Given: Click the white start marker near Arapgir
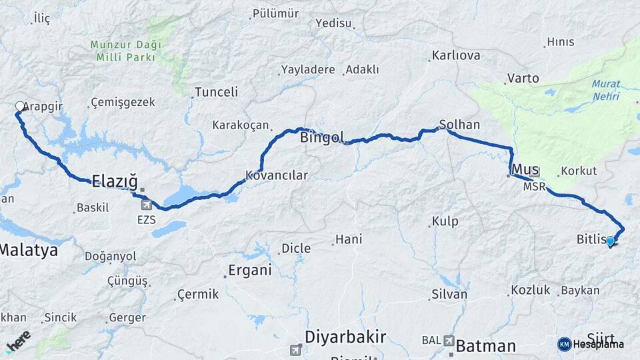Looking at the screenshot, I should (x=19, y=107).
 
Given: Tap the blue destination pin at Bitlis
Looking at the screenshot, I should (x=610, y=241).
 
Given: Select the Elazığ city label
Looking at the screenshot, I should (x=114, y=180).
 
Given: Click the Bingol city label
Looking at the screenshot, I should (x=322, y=138).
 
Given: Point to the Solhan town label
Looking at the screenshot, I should (x=459, y=125).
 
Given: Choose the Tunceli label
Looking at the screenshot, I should (x=216, y=92).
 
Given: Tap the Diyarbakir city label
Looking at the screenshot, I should (x=345, y=335).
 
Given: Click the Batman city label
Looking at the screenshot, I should (x=486, y=346).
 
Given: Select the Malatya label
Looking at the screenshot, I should (x=29, y=251).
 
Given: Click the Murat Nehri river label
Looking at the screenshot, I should (x=605, y=91).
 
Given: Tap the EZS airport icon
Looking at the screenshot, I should (x=145, y=205).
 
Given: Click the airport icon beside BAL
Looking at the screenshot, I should (x=449, y=341).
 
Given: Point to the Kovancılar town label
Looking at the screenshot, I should (x=277, y=175).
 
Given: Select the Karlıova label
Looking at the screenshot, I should (x=456, y=55).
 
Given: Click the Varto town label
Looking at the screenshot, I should (x=523, y=79).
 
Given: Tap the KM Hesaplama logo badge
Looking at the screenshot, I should (x=591, y=344).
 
